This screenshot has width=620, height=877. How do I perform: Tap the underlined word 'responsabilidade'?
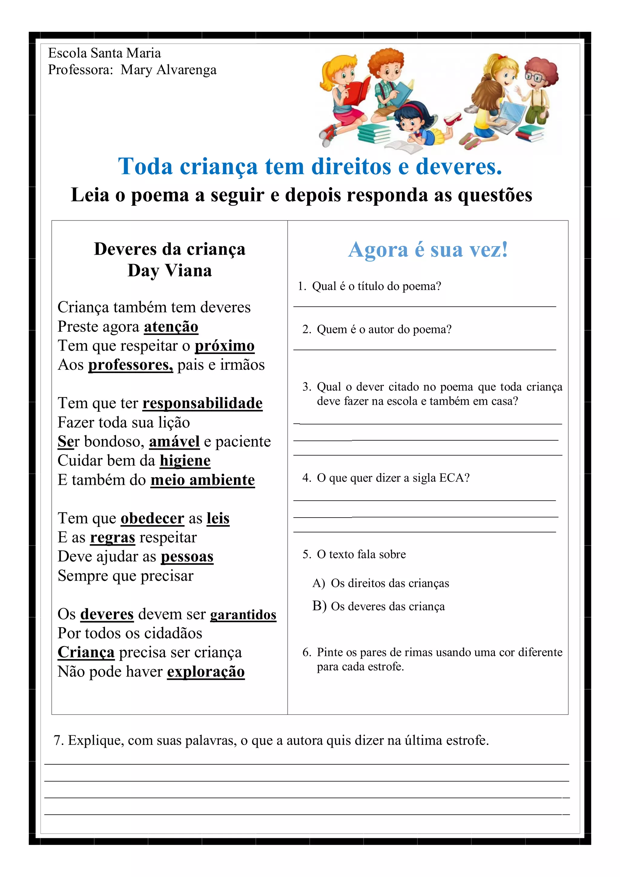pos(202,403)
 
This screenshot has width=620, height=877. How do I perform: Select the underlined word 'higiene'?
pos(185,461)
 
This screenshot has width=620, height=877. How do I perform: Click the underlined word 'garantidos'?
pos(243,614)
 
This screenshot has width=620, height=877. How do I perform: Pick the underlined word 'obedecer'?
pos(152,518)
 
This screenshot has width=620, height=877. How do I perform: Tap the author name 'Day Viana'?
pos(170,270)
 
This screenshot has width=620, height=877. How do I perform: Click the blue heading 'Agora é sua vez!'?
pos(428,250)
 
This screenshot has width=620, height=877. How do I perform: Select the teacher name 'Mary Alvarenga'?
pos(168,70)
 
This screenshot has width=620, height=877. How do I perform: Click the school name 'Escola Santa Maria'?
pos(104,53)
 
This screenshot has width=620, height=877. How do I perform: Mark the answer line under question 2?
pos(424,349)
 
